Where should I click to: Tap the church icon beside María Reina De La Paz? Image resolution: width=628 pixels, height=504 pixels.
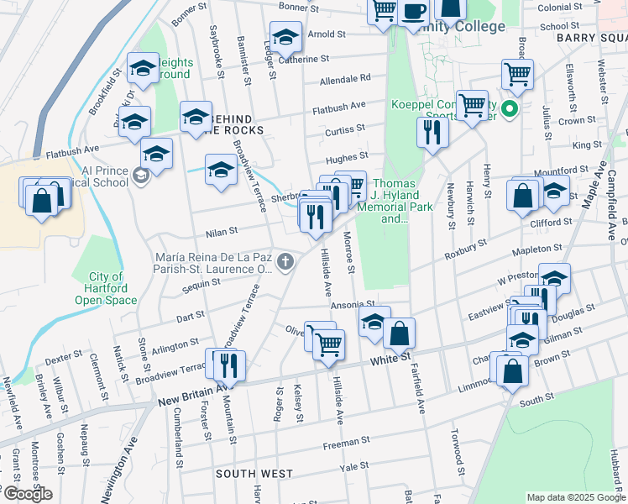[x=285, y=262]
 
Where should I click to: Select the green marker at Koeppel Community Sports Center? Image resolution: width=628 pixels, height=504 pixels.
[x=508, y=108]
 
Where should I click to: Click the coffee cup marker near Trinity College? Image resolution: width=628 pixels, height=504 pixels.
[x=415, y=12]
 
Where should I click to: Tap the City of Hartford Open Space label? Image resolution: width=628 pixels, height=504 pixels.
[x=106, y=288]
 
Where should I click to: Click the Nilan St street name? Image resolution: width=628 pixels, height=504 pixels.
[x=222, y=228]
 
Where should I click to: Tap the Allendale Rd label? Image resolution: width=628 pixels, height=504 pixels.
[x=345, y=79]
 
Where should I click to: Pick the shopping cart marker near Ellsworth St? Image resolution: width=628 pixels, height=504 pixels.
[x=517, y=72]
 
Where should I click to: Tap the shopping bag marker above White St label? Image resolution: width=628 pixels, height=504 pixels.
[x=400, y=333]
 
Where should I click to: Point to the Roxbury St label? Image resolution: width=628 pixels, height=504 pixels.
[x=466, y=248]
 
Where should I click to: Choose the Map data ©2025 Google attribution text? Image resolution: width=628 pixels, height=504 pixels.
[x=575, y=497]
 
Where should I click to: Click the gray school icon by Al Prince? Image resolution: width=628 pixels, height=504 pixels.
[x=141, y=175]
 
